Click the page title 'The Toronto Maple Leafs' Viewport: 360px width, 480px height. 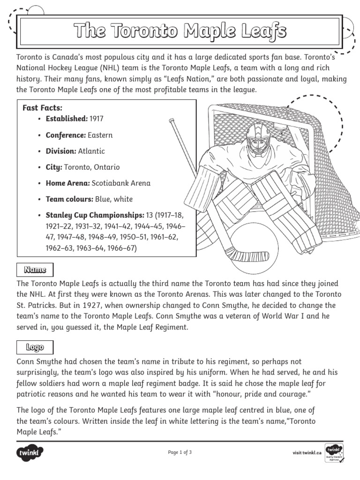[180, 32]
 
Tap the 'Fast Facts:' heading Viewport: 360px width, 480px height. [43, 108]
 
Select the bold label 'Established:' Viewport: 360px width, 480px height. [66, 119]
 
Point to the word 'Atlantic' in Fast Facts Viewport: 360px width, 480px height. [92, 151]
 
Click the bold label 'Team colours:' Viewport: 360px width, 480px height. [69, 199]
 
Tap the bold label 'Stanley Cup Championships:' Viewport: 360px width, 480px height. [95, 215]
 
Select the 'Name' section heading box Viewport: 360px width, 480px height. [35, 270]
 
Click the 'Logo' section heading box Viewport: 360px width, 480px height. [35, 347]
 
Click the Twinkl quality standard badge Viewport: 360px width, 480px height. [334, 452]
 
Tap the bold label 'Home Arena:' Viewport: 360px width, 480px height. [67, 183]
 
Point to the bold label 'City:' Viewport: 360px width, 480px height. [54, 167]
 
